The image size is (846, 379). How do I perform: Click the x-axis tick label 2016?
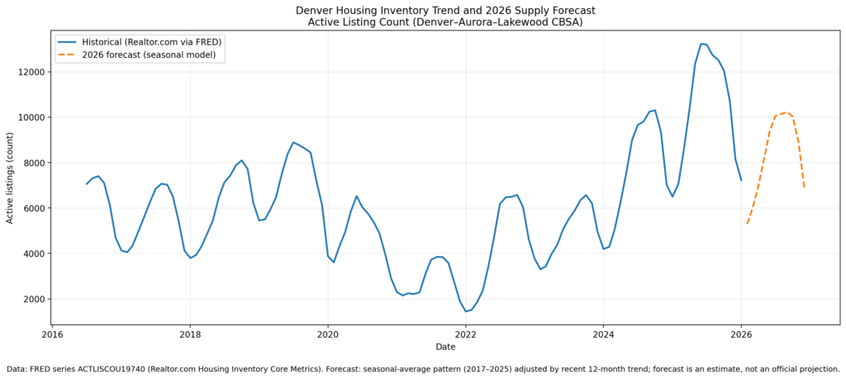click(52, 334)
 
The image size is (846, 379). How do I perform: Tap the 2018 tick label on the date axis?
click(190, 334)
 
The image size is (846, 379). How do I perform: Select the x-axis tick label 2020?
click(328, 334)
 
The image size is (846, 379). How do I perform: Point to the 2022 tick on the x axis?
click(466, 334)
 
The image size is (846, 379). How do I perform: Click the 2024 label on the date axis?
click(603, 334)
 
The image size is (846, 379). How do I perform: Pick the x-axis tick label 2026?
click(741, 334)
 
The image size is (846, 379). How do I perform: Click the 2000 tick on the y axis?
click(34, 299)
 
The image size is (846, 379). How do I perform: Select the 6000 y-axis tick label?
click(34, 208)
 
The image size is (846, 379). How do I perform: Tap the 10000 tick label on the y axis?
click(31, 117)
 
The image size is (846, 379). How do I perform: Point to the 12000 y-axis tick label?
click(31, 72)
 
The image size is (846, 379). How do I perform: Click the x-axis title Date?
click(445, 347)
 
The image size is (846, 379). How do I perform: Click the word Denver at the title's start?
click(315, 10)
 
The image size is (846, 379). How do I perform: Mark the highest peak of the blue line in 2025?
click(701, 44)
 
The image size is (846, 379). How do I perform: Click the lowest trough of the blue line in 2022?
click(466, 311)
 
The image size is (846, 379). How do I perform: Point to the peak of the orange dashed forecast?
click(786, 112)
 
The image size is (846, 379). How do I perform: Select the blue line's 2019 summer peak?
click(293, 142)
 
